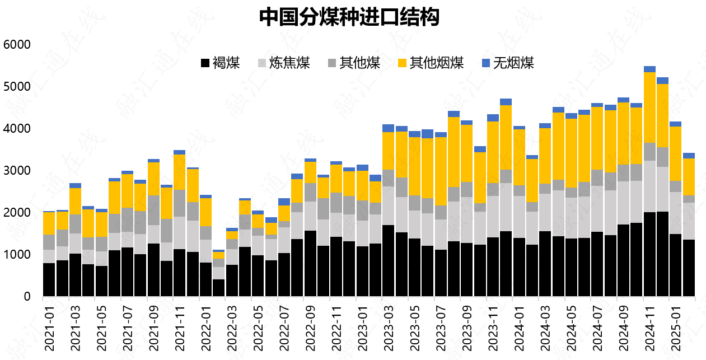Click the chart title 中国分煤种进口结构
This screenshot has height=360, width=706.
348,18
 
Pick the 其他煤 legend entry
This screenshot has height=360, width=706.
354,63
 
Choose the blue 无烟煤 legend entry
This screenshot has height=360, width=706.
508,63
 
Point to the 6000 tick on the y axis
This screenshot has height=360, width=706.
17,45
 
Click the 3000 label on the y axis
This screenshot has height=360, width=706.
17,171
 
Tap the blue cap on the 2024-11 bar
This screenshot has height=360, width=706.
649,69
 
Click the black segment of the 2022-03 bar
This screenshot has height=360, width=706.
232,280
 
